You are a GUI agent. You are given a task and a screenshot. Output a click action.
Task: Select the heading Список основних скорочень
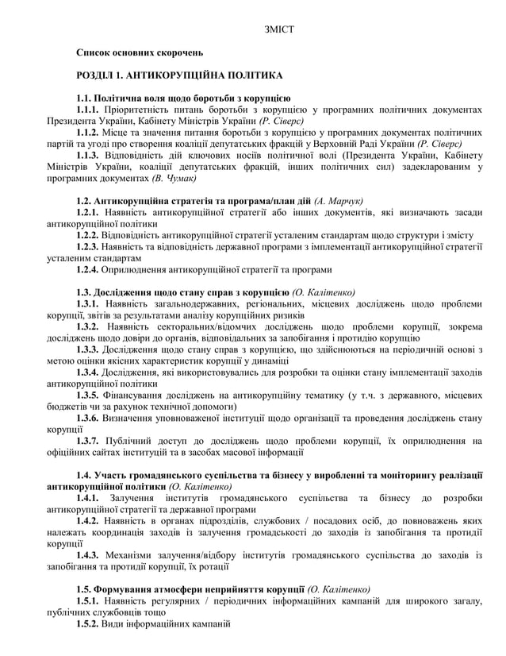[x=140, y=53]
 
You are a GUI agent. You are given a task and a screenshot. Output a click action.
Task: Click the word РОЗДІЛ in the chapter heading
[x=96, y=75]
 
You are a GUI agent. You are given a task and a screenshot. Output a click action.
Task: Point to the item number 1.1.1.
[x=88, y=110]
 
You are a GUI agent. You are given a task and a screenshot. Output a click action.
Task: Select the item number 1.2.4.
[x=88, y=270]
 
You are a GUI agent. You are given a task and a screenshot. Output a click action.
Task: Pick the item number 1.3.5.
[x=88, y=395]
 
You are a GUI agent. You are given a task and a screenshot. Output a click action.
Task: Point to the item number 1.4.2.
[x=88, y=520]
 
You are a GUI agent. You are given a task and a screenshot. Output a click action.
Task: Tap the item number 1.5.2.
[x=88, y=623]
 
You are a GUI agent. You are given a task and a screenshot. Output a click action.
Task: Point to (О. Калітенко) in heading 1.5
[x=343, y=589]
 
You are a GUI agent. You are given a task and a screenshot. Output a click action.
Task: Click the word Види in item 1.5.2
[x=117, y=623]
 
